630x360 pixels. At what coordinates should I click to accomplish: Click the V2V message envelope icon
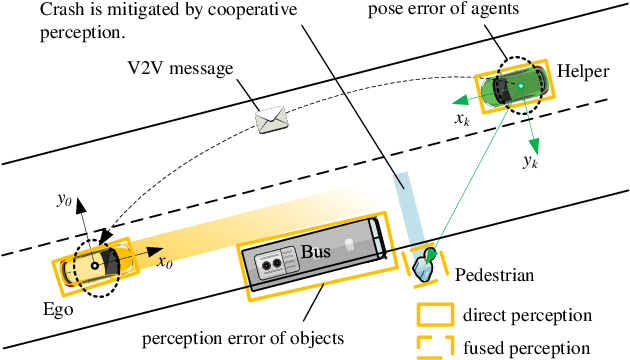pos(271,118)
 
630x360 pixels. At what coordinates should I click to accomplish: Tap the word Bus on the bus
pos(316,253)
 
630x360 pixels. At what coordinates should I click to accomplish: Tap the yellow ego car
pos(90,264)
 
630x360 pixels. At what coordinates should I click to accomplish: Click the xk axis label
pos(461,119)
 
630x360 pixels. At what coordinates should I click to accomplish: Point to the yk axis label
pos(530,159)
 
